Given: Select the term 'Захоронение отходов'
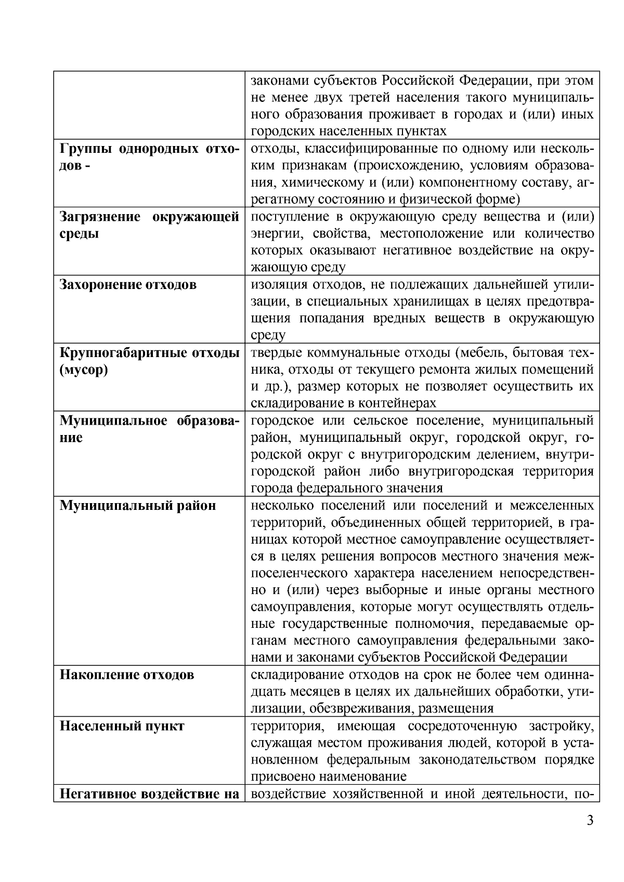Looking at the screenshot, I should (128, 285).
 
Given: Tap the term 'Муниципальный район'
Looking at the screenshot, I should (138, 506).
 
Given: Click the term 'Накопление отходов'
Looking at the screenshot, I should (127, 675).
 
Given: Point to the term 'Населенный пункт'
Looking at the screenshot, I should (122, 726).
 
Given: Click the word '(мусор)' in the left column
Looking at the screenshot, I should (84, 370).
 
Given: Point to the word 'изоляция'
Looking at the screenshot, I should (275, 285).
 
